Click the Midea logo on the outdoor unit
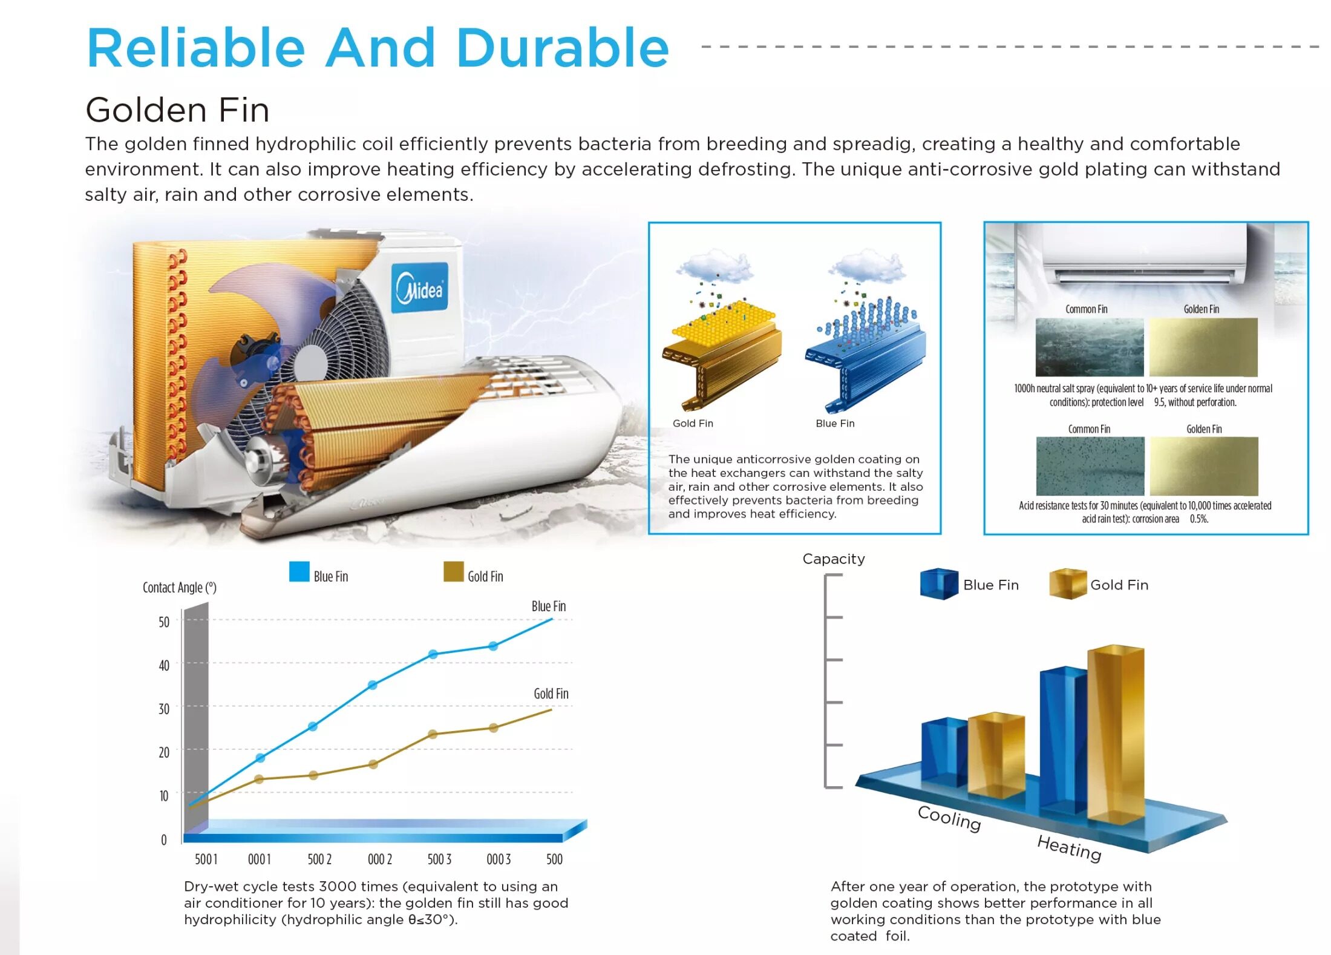tap(419, 288)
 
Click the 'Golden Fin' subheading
tap(177, 110)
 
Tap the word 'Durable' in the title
tap(562, 48)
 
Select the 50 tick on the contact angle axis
tap(164, 622)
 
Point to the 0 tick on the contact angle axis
tap(164, 840)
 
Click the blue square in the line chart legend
tap(299, 571)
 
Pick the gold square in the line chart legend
tap(453, 571)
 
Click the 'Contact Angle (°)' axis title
tap(179, 588)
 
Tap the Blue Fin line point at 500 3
tap(433, 654)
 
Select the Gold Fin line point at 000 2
tap(373, 764)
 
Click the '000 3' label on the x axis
tap(499, 859)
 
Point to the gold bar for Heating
tap(1116, 735)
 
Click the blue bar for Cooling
tap(944, 752)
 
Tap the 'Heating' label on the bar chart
tap(1069, 847)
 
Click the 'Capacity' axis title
tap(834, 559)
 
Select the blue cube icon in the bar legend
tap(939, 584)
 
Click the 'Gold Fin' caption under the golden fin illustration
tap(693, 424)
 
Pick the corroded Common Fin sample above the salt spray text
tap(1090, 347)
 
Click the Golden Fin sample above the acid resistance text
tap(1204, 466)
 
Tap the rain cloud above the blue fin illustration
tap(867, 266)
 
